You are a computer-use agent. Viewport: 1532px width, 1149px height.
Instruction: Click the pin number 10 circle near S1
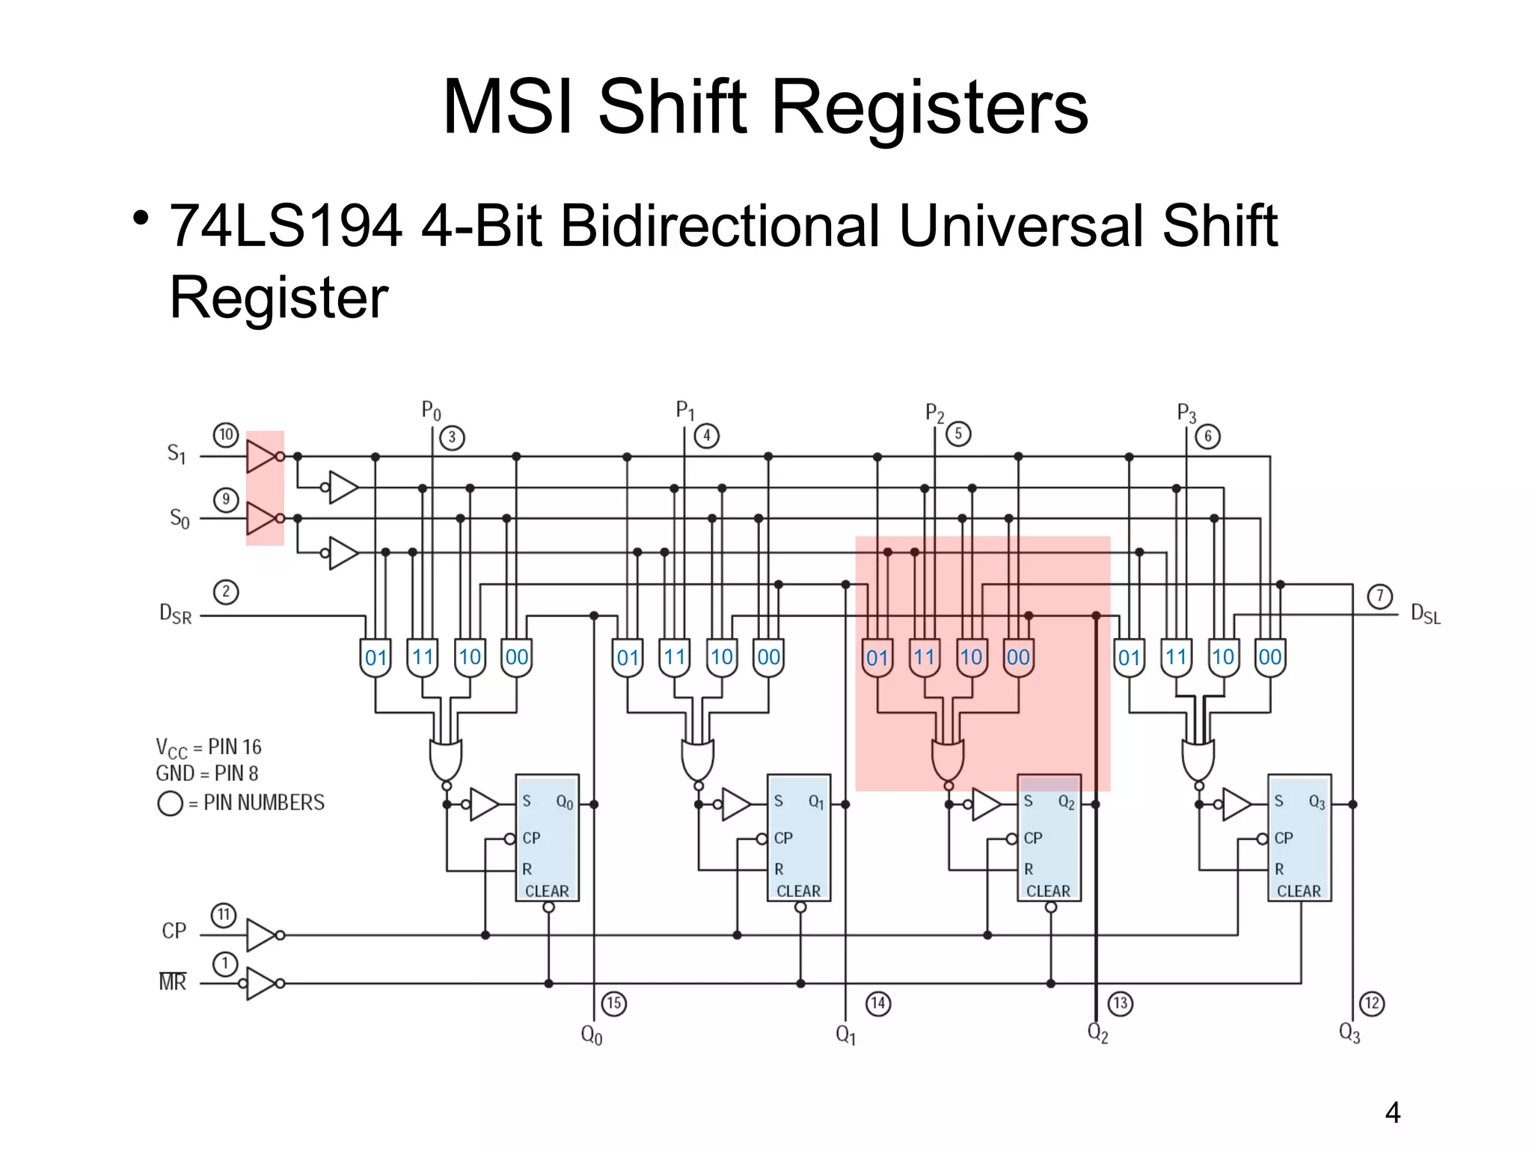point(226,435)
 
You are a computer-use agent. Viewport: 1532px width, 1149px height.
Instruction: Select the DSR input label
point(176,614)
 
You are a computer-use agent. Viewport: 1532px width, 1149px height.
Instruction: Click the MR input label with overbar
point(172,981)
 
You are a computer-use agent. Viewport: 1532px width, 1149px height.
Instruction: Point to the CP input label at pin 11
point(174,931)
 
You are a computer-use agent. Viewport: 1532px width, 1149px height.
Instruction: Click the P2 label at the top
point(934,413)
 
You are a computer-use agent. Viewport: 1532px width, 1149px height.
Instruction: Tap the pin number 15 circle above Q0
point(614,1003)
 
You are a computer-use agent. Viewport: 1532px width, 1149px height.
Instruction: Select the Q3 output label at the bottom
point(1349,1034)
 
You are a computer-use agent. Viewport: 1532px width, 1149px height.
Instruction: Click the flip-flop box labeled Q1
point(799,838)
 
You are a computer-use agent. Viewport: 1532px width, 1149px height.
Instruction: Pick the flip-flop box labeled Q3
point(1299,838)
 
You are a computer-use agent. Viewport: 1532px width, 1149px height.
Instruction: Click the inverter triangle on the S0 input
point(261,518)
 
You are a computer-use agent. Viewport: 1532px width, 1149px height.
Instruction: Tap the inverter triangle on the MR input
point(261,983)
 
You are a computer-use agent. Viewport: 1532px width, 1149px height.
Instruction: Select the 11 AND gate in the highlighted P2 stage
point(925,658)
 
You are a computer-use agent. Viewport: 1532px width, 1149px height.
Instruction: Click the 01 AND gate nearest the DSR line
point(376,658)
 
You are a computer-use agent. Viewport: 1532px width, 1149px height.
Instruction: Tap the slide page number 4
point(1392,1112)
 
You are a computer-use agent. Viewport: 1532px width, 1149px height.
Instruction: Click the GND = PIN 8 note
point(207,773)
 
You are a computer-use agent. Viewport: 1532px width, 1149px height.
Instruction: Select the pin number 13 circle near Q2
point(1120,1003)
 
